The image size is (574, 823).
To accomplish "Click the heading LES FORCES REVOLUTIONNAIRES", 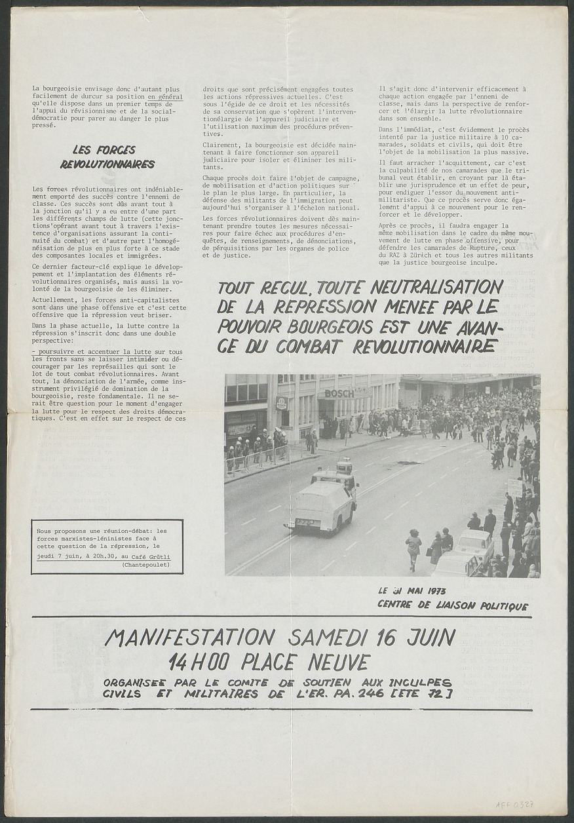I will (x=107, y=157).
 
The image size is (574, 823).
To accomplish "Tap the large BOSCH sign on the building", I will (x=339, y=394).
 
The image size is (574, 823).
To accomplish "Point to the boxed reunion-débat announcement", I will (x=107, y=546).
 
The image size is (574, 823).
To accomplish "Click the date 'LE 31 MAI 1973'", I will (x=412, y=590).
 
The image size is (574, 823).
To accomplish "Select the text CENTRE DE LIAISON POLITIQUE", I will (x=452, y=605).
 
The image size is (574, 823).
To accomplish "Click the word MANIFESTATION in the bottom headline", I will (x=189, y=637).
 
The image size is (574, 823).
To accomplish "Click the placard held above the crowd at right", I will (x=516, y=487).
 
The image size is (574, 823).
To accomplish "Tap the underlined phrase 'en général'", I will (x=165, y=97).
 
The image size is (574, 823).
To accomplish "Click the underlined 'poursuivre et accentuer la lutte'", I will (x=91, y=352).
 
